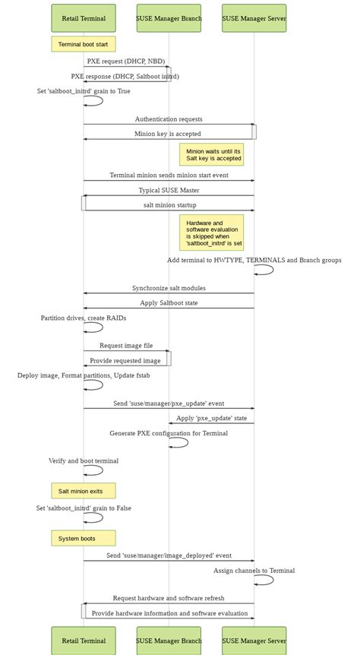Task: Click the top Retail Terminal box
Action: [84, 18]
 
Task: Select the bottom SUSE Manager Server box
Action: [254, 641]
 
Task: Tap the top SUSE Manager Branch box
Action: [169, 18]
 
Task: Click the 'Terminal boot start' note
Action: [84, 44]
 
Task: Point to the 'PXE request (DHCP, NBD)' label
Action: [126, 61]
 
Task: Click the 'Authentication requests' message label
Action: [169, 119]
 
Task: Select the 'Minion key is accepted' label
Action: [168, 134]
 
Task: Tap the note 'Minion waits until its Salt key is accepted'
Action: [212, 155]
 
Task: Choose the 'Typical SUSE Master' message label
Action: [169, 190]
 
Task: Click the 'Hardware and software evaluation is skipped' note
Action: [212, 233]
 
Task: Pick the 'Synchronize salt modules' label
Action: [169, 288]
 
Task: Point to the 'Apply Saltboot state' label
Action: [169, 302]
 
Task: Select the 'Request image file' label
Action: [126, 346]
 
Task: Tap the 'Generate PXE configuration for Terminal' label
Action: [169, 433]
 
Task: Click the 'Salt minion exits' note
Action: [84, 491]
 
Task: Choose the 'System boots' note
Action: [84, 538]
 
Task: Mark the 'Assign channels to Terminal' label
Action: [254, 571]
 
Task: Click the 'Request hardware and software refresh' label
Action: [169, 598]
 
